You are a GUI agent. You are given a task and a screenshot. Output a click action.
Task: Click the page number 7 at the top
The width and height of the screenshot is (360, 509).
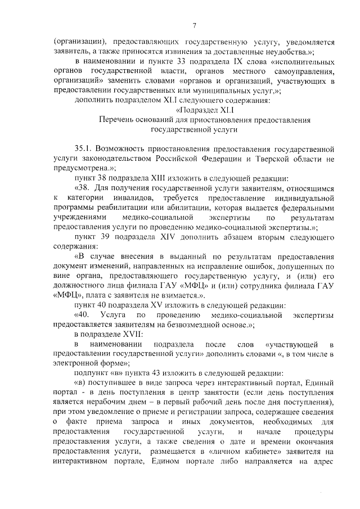point(193,24)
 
